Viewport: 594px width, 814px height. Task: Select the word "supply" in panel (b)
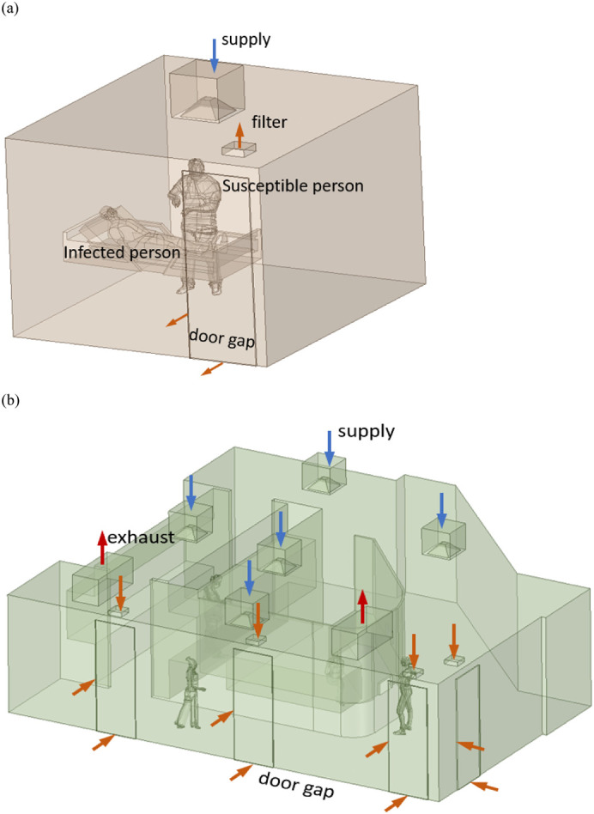367,431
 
